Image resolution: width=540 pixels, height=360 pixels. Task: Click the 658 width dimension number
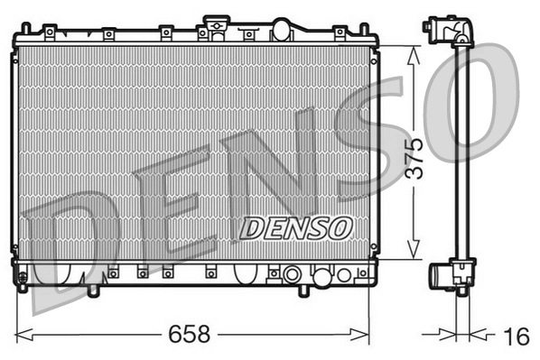click(x=191, y=334)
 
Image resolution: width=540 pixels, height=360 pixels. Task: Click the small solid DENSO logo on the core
click(x=294, y=228)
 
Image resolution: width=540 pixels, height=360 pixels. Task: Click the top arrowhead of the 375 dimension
click(x=414, y=52)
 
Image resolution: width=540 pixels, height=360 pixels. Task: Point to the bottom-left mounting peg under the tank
click(x=93, y=291)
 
